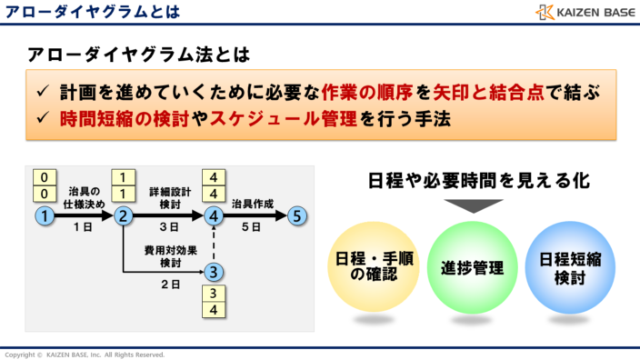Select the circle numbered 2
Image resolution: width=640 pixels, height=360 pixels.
123,216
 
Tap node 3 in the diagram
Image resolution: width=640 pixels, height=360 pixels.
213,271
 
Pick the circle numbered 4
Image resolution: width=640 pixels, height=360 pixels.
213,216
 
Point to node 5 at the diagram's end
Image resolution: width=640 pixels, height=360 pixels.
296,216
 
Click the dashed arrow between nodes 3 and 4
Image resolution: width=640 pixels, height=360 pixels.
213,244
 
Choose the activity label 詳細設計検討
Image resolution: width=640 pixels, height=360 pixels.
169,197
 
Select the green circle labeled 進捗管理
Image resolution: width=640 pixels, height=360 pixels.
465,266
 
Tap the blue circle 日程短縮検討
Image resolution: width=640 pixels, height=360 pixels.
567,266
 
